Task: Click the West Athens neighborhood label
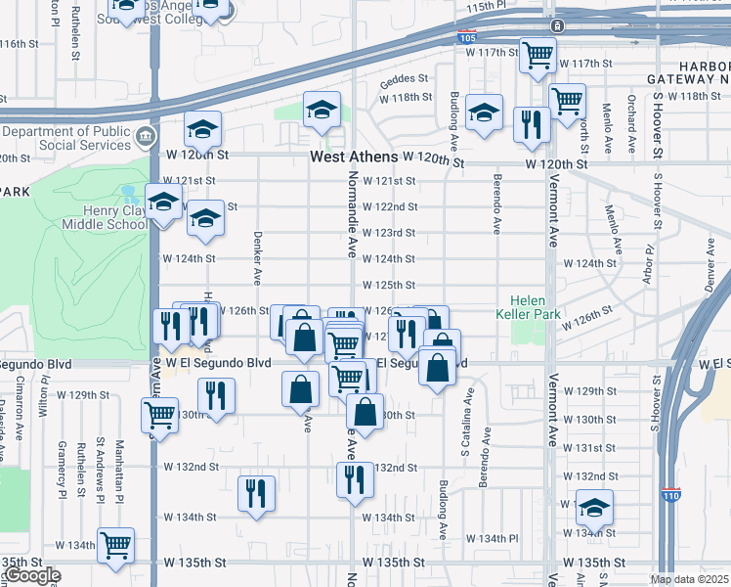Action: coord(354,157)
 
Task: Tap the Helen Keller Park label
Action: coord(535,308)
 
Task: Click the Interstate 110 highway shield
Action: coord(670,496)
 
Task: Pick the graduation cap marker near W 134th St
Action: coord(593,507)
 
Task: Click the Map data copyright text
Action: coord(689,579)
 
